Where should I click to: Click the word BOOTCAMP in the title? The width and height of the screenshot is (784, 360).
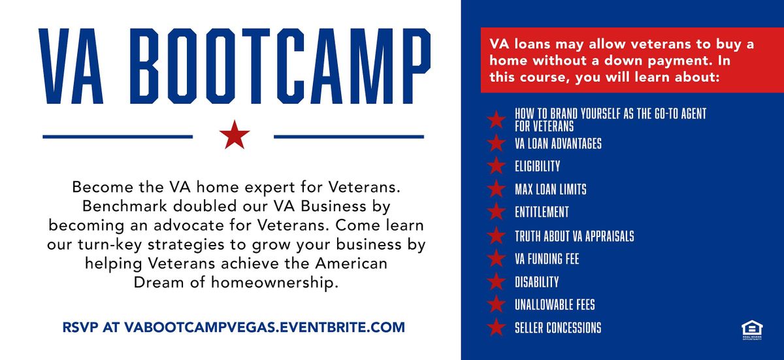coord(282,63)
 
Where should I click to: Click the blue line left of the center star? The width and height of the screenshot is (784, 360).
coord(118,137)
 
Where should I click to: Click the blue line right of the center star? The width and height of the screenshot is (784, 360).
coord(349,137)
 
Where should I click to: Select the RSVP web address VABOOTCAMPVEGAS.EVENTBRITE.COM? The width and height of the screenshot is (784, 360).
coord(264,327)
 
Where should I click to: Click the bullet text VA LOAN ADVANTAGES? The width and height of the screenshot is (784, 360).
coord(558,143)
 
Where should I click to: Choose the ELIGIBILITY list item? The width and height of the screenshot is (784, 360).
coord(537,166)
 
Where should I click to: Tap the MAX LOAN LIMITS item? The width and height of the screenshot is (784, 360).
coord(550,189)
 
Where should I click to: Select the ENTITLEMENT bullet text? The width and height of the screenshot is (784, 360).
coord(542,212)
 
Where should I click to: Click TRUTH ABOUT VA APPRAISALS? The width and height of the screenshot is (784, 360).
coord(574,236)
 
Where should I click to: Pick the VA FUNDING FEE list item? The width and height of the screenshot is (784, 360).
coord(547,259)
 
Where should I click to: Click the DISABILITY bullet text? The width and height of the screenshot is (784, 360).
coord(536,282)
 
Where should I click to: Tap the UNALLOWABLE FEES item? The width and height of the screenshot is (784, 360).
coord(555,305)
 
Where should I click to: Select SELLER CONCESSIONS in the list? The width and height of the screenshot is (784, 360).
coord(558,328)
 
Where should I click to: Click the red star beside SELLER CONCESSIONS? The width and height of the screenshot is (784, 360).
coord(497,327)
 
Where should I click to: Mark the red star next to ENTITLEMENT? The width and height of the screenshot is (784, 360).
coord(497,212)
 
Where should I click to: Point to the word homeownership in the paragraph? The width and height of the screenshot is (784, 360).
coord(269,284)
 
